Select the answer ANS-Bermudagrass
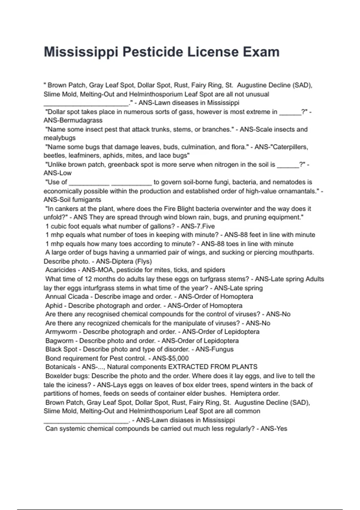(73, 120)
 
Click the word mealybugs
(59, 138)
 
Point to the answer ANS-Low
(57, 173)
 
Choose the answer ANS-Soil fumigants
(72, 199)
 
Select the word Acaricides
(61, 270)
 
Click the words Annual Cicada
(67, 297)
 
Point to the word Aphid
(54, 305)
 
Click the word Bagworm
(59, 341)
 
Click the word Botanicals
(61, 367)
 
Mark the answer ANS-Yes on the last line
(274, 429)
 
